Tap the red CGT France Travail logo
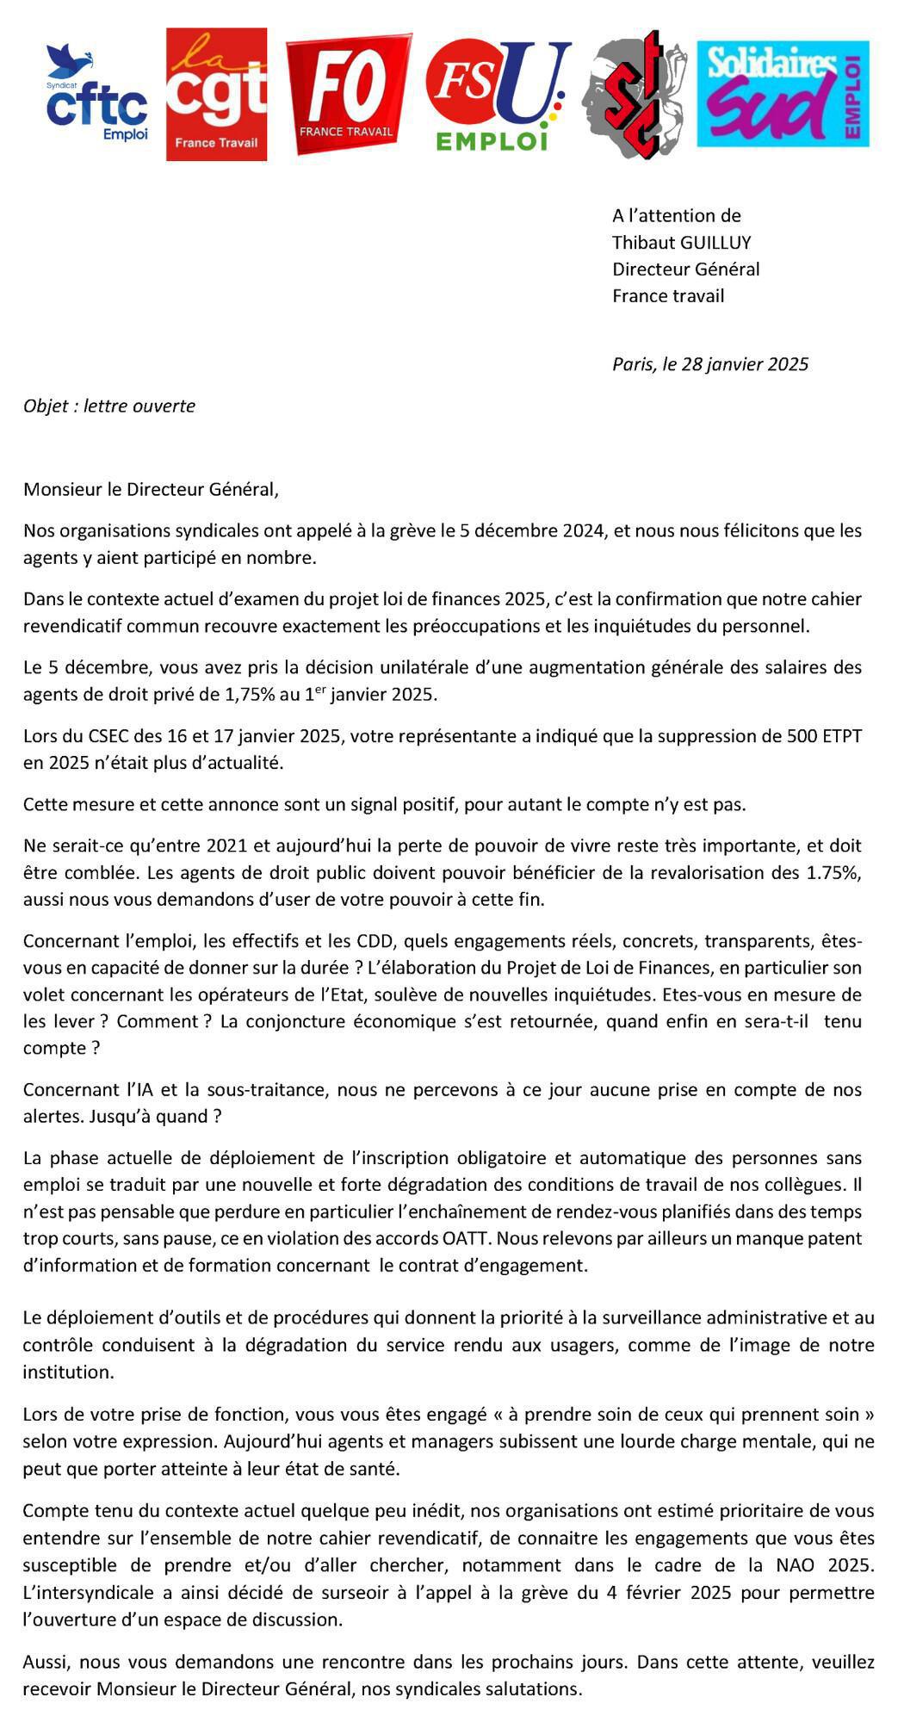[x=216, y=95]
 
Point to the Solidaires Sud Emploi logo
[x=782, y=95]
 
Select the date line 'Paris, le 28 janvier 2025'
[x=710, y=364]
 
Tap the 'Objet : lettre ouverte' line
[x=109, y=406]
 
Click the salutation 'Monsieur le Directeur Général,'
[x=152, y=490]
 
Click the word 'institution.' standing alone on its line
[x=68, y=1372]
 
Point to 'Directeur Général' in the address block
[x=685, y=269]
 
